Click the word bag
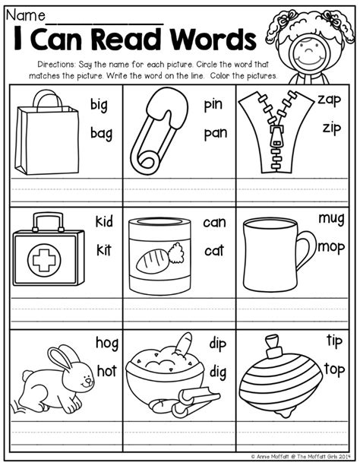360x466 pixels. pyautogui.click(x=101, y=134)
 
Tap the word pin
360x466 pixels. pyautogui.click(x=213, y=106)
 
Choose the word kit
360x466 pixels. pyautogui.click(x=103, y=249)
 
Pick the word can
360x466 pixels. pyautogui.click(x=215, y=222)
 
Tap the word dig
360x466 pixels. pyautogui.click(x=219, y=371)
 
